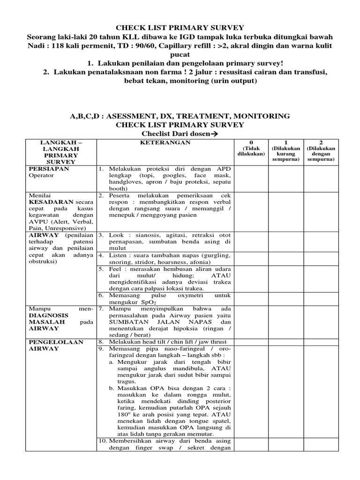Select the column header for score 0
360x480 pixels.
coord(251,148)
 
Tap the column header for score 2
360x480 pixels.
coord(321,150)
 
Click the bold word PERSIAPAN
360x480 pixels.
coord(47,169)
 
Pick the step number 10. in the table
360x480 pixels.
coord(102,441)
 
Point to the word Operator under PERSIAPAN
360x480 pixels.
coord(41,175)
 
